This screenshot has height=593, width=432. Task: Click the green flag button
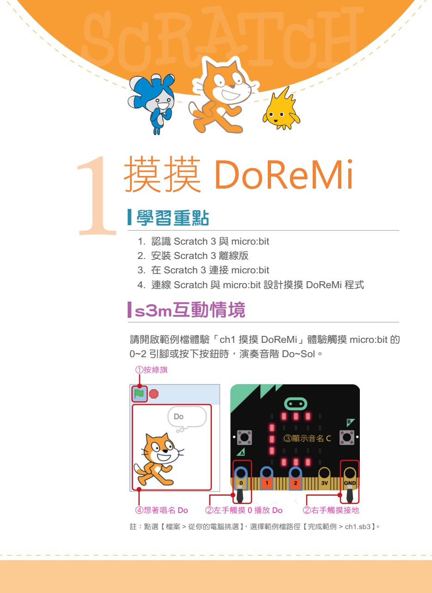click(x=139, y=394)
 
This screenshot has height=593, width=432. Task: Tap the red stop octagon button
click(x=154, y=394)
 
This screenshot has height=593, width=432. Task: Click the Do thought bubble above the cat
click(x=187, y=416)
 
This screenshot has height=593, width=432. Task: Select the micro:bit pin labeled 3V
click(x=324, y=478)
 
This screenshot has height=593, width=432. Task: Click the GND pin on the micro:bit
click(x=350, y=478)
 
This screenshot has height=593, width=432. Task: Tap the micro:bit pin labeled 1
click(x=266, y=478)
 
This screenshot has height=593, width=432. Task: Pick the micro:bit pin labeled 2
click(x=295, y=478)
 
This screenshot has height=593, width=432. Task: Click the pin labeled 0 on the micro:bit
click(x=241, y=478)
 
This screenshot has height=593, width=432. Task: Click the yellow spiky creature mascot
click(x=281, y=109)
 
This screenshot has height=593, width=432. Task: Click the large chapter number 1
click(x=97, y=196)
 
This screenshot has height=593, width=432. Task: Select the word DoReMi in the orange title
click(x=284, y=174)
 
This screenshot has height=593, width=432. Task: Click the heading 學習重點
click(x=173, y=218)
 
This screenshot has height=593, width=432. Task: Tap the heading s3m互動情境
click(x=190, y=309)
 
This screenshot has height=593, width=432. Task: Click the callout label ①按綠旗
click(x=152, y=370)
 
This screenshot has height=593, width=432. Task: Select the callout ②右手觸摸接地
click(x=331, y=510)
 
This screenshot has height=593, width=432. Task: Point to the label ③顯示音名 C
click(x=307, y=438)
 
